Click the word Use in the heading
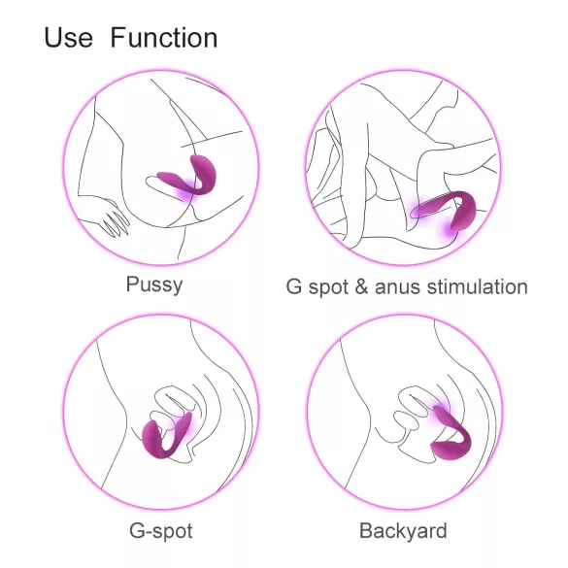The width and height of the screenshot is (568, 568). [68, 39]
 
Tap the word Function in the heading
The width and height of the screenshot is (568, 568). [163, 39]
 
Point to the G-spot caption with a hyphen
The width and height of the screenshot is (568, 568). [161, 531]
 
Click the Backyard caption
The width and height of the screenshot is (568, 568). [403, 531]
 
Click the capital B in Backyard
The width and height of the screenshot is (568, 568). [366, 531]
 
